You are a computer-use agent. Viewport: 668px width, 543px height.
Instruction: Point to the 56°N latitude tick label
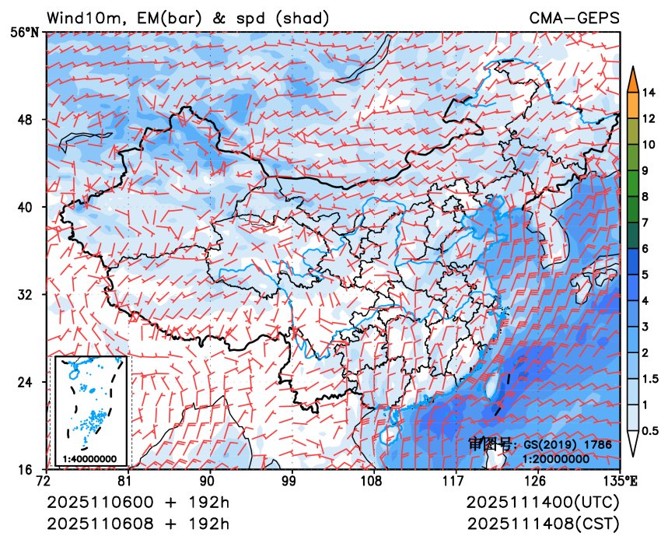(29, 33)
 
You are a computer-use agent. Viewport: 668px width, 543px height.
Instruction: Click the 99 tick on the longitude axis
(292, 480)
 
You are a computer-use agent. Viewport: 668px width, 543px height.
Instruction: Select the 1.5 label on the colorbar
(652, 379)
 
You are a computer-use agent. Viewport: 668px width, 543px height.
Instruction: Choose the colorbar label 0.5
(652, 430)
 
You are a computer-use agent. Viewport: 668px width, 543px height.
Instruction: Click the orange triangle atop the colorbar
(633, 78)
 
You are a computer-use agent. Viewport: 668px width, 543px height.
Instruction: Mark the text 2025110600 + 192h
(138, 502)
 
